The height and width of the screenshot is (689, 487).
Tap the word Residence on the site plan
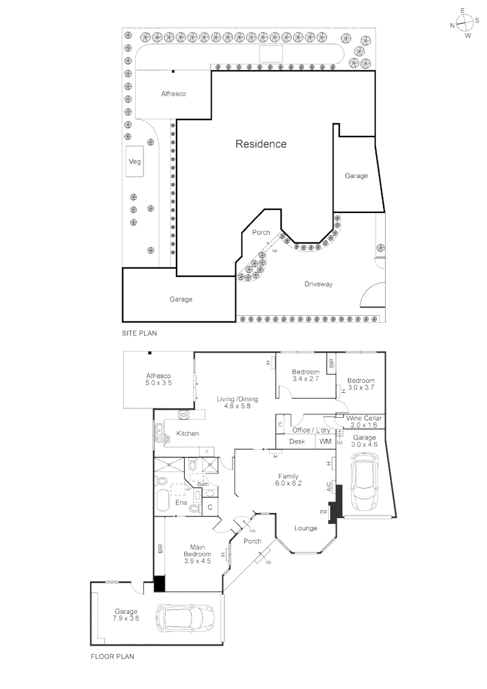[x=261, y=144]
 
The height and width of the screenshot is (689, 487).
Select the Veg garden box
[x=134, y=162]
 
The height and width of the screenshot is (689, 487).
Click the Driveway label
[x=318, y=285]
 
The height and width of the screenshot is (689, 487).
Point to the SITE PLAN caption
[x=139, y=333]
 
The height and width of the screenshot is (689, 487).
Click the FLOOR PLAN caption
[x=112, y=655]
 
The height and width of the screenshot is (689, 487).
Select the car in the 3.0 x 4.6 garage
[x=365, y=480]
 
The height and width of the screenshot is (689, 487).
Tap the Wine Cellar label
[x=364, y=419]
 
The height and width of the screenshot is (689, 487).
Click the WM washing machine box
[x=325, y=441]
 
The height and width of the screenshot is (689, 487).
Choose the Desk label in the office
[x=297, y=441]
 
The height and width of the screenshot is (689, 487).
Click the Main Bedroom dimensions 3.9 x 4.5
[x=197, y=561]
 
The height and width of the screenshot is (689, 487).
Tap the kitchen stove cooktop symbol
[x=185, y=415]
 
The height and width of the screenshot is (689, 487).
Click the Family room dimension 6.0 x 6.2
[x=289, y=484]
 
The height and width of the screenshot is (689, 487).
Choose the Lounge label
[x=305, y=528]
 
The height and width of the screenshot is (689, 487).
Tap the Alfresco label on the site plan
[x=173, y=94]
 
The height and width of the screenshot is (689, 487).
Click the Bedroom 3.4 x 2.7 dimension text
[x=305, y=380]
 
